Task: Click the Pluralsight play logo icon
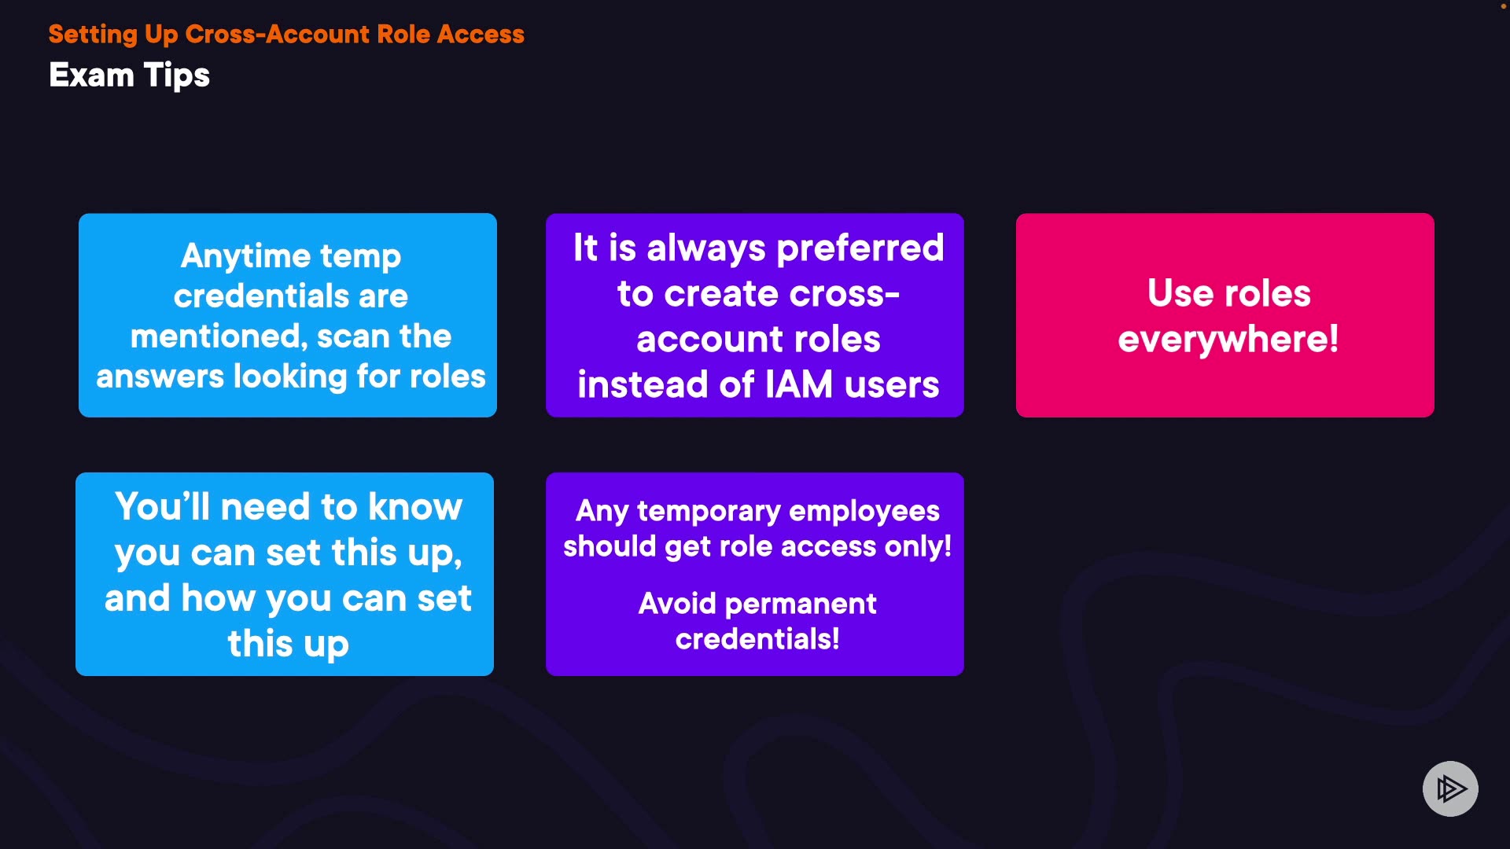click(1450, 788)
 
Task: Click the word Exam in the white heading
click(91, 75)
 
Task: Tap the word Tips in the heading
click(177, 76)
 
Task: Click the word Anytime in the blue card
click(246, 257)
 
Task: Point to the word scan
click(353, 336)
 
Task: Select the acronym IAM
click(799, 384)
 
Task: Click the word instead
click(643, 384)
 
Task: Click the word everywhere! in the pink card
click(1228, 339)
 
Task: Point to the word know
click(415, 507)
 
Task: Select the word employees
click(864, 511)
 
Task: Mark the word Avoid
click(677, 604)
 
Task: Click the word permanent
click(801, 604)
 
